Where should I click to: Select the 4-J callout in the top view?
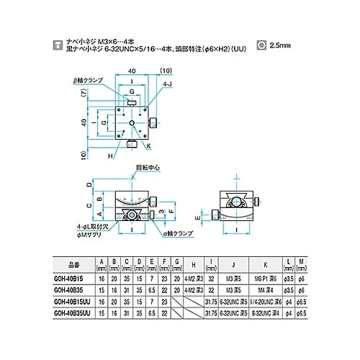(x=167, y=85)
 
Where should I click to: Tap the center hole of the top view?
(x=132, y=123)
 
